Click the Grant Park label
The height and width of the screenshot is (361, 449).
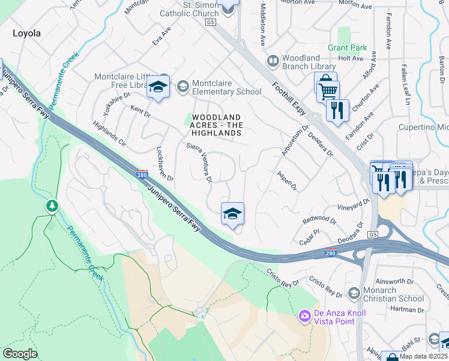click(347, 48)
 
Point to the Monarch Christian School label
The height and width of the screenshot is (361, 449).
click(394, 294)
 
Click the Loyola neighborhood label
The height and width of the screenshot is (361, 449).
click(26, 34)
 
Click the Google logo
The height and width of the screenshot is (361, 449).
click(20, 354)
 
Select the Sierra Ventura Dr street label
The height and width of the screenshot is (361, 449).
click(200, 162)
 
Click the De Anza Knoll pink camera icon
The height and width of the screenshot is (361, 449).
click(305, 315)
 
